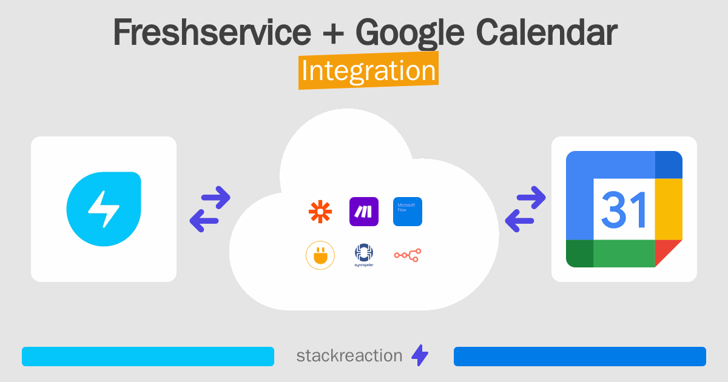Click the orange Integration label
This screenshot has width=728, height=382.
tap(368, 71)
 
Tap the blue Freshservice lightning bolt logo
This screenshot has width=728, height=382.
tap(104, 209)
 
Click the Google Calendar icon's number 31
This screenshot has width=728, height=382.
tap(624, 209)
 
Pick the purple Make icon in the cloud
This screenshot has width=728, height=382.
tap(364, 212)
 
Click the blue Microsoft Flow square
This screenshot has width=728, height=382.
tap(408, 212)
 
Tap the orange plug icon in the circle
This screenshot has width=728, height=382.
tap(320, 255)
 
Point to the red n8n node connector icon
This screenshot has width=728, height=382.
tap(408, 255)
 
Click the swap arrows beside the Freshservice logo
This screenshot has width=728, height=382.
tap(210, 209)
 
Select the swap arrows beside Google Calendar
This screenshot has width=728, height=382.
tap(525, 209)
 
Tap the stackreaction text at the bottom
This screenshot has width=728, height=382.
tap(349, 356)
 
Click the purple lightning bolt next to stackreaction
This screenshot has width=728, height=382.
tap(420, 356)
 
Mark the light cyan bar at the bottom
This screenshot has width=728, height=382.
tap(148, 357)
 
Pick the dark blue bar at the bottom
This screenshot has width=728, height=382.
tap(580, 357)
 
